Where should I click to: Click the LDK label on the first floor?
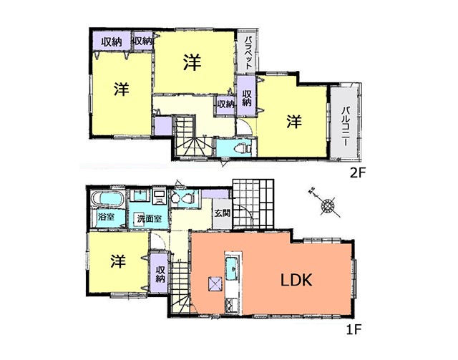(296, 280)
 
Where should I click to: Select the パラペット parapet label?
(248, 52)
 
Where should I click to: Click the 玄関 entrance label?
(223, 213)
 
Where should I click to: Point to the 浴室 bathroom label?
(107, 217)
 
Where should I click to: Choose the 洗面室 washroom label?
(150, 218)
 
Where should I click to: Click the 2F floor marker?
(358, 174)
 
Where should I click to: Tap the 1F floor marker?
(354, 330)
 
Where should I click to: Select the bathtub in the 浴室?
(107, 199)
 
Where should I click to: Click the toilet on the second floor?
(242, 148)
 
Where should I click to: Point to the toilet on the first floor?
(183, 199)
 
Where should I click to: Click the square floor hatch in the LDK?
(215, 283)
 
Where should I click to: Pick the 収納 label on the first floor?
(160, 274)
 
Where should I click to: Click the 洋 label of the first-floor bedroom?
(118, 261)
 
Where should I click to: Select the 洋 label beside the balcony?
(294, 122)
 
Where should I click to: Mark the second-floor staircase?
(193, 136)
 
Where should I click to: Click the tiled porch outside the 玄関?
(253, 204)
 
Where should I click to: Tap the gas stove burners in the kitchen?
(230, 306)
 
